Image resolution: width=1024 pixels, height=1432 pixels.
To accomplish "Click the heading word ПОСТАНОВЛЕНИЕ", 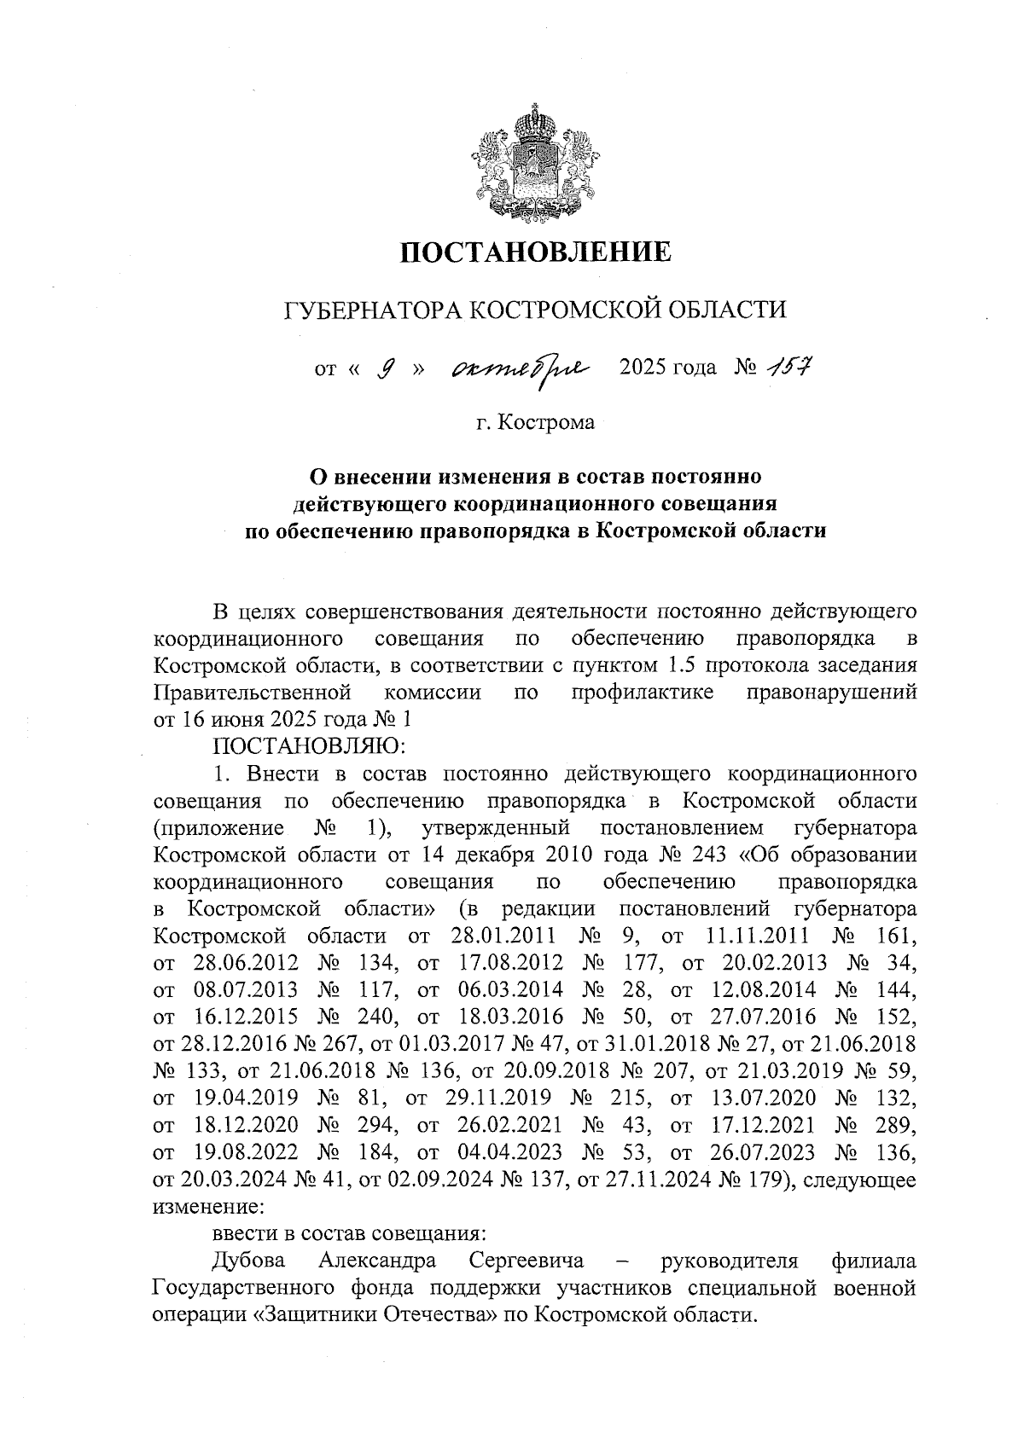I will coord(536,252).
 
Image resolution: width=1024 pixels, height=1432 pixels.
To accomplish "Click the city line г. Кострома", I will coord(535,422).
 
